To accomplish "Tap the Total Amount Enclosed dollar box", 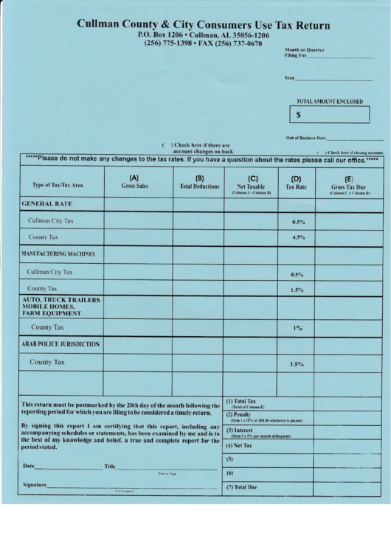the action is [x=330, y=115].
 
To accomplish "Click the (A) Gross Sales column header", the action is [x=134, y=182].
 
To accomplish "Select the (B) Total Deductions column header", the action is [x=199, y=182].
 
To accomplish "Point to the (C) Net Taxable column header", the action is [x=252, y=183].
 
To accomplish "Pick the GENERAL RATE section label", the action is [x=47, y=203].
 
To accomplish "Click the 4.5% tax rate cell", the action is [x=298, y=238].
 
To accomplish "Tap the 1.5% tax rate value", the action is [x=298, y=290].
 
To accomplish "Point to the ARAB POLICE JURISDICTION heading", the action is [x=60, y=343].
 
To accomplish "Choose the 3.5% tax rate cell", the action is [x=297, y=364].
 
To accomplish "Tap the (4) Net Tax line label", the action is [x=239, y=446].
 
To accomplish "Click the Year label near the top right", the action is [x=289, y=78].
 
